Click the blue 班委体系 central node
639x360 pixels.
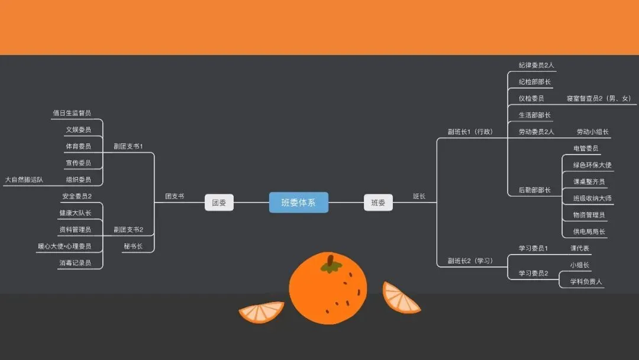coord(298,202)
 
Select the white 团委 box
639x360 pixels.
coord(219,202)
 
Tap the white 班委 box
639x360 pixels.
coord(378,202)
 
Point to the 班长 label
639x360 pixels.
coord(419,196)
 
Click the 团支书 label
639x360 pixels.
coord(175,196)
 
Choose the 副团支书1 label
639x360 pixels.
coord(128,146)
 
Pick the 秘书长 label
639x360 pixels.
coord(133,246)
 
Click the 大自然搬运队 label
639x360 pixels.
coord(24,179)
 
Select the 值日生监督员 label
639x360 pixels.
coord(72,113)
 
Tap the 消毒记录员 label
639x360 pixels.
coord(75,263)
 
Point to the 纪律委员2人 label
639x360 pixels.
coord(536,65)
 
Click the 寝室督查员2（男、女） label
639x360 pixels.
coord(599,98)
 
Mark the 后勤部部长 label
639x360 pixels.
coord(535,190)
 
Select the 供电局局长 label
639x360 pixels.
coord(589,232)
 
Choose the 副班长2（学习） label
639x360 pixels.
coord(470,261)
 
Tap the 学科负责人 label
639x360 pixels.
coord(586,281)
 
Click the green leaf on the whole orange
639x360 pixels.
coord(331,267)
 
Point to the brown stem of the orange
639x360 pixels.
coord(331,260)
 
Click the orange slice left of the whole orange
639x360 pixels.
coord(262,312)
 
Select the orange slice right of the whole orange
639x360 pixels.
coord(400,298)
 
